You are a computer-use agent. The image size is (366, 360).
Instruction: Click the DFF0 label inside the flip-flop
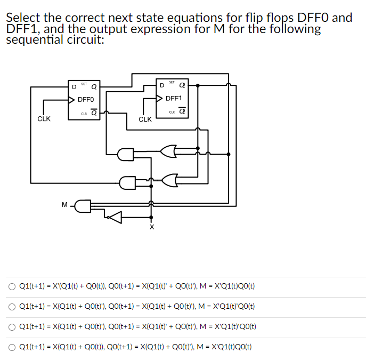coord(86,99)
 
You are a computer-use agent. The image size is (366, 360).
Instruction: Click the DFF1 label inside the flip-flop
coord(174,98)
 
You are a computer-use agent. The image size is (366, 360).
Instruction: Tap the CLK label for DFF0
coord(44,119)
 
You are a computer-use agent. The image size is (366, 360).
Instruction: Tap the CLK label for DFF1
coord(145,119)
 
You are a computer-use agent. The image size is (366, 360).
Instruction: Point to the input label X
coord(151,228)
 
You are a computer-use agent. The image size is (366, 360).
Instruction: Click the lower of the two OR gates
coord(169,180)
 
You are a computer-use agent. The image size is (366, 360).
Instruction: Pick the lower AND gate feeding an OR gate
coord(127,183)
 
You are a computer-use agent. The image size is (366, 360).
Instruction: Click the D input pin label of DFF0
coord(74,86)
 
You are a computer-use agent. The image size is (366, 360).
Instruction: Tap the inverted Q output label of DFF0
coord(94,113)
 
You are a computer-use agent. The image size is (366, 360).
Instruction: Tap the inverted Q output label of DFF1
coord(182,111)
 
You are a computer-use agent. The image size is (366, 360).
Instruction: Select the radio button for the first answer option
coord(12,286)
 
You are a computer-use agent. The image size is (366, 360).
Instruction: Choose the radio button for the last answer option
coord(12,347)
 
